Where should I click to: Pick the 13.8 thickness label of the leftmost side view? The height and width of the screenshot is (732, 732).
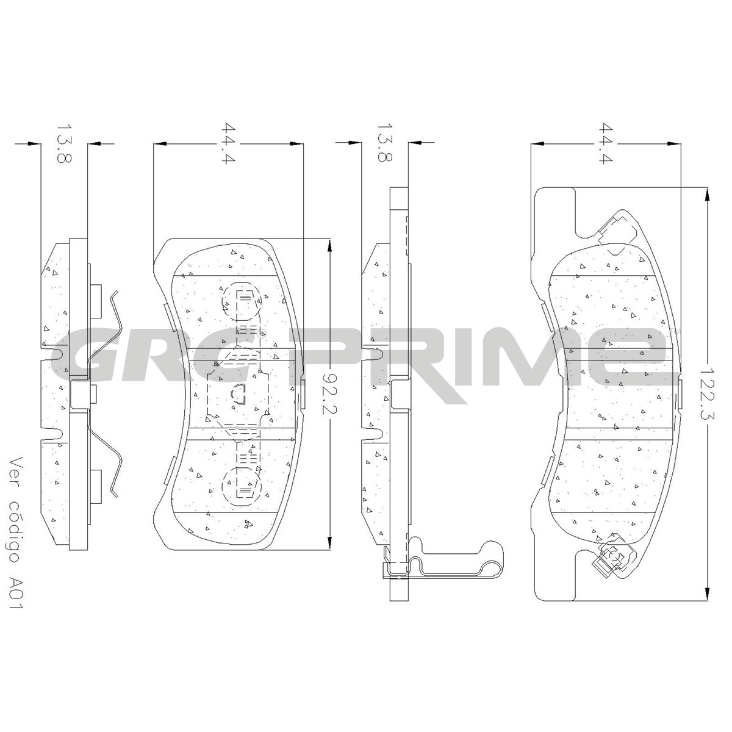coord(64,143)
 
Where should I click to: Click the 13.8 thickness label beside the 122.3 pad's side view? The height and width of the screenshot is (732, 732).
coord(384,143)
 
